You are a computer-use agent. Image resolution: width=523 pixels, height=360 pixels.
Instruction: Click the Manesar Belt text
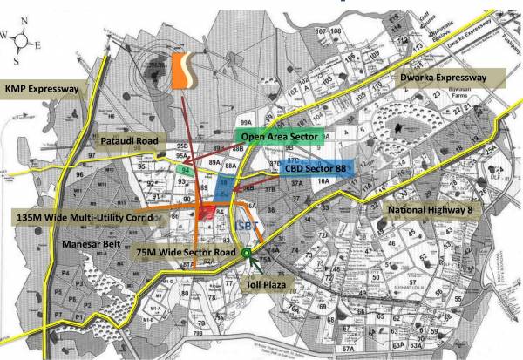(x=88, y=245)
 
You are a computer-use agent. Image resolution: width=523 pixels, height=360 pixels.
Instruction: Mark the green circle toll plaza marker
(x=247, y=254)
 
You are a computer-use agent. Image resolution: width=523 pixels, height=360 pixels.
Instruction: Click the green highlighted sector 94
(x=184, y=170)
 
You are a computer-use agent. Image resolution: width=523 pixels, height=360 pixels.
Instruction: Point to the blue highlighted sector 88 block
(x=225, y=186)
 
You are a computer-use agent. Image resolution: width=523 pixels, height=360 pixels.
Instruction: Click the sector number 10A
(x=323, y=182)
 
